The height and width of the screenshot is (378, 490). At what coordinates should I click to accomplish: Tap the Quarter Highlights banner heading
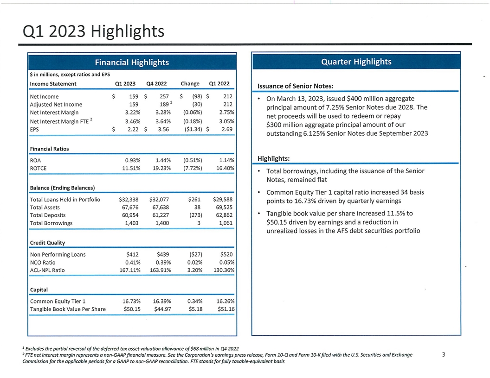coord(356,62)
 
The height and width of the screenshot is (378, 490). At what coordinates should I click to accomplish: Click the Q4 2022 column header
coord(156,84)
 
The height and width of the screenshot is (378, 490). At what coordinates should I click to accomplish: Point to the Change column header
coord(190,84)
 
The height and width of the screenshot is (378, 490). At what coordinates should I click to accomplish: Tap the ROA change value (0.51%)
coord(192,160)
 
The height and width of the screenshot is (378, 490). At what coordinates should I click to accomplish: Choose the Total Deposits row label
coord(47,215)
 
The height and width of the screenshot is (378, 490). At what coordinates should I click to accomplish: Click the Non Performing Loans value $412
coord(134,254)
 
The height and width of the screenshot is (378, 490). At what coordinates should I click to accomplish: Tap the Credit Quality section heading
coord(47,243)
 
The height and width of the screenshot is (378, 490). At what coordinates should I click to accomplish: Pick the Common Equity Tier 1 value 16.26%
coord(225,301)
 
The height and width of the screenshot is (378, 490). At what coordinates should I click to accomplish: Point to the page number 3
coord(443,355)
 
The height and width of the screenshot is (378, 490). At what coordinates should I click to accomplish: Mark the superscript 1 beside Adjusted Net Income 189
coord(171,102)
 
